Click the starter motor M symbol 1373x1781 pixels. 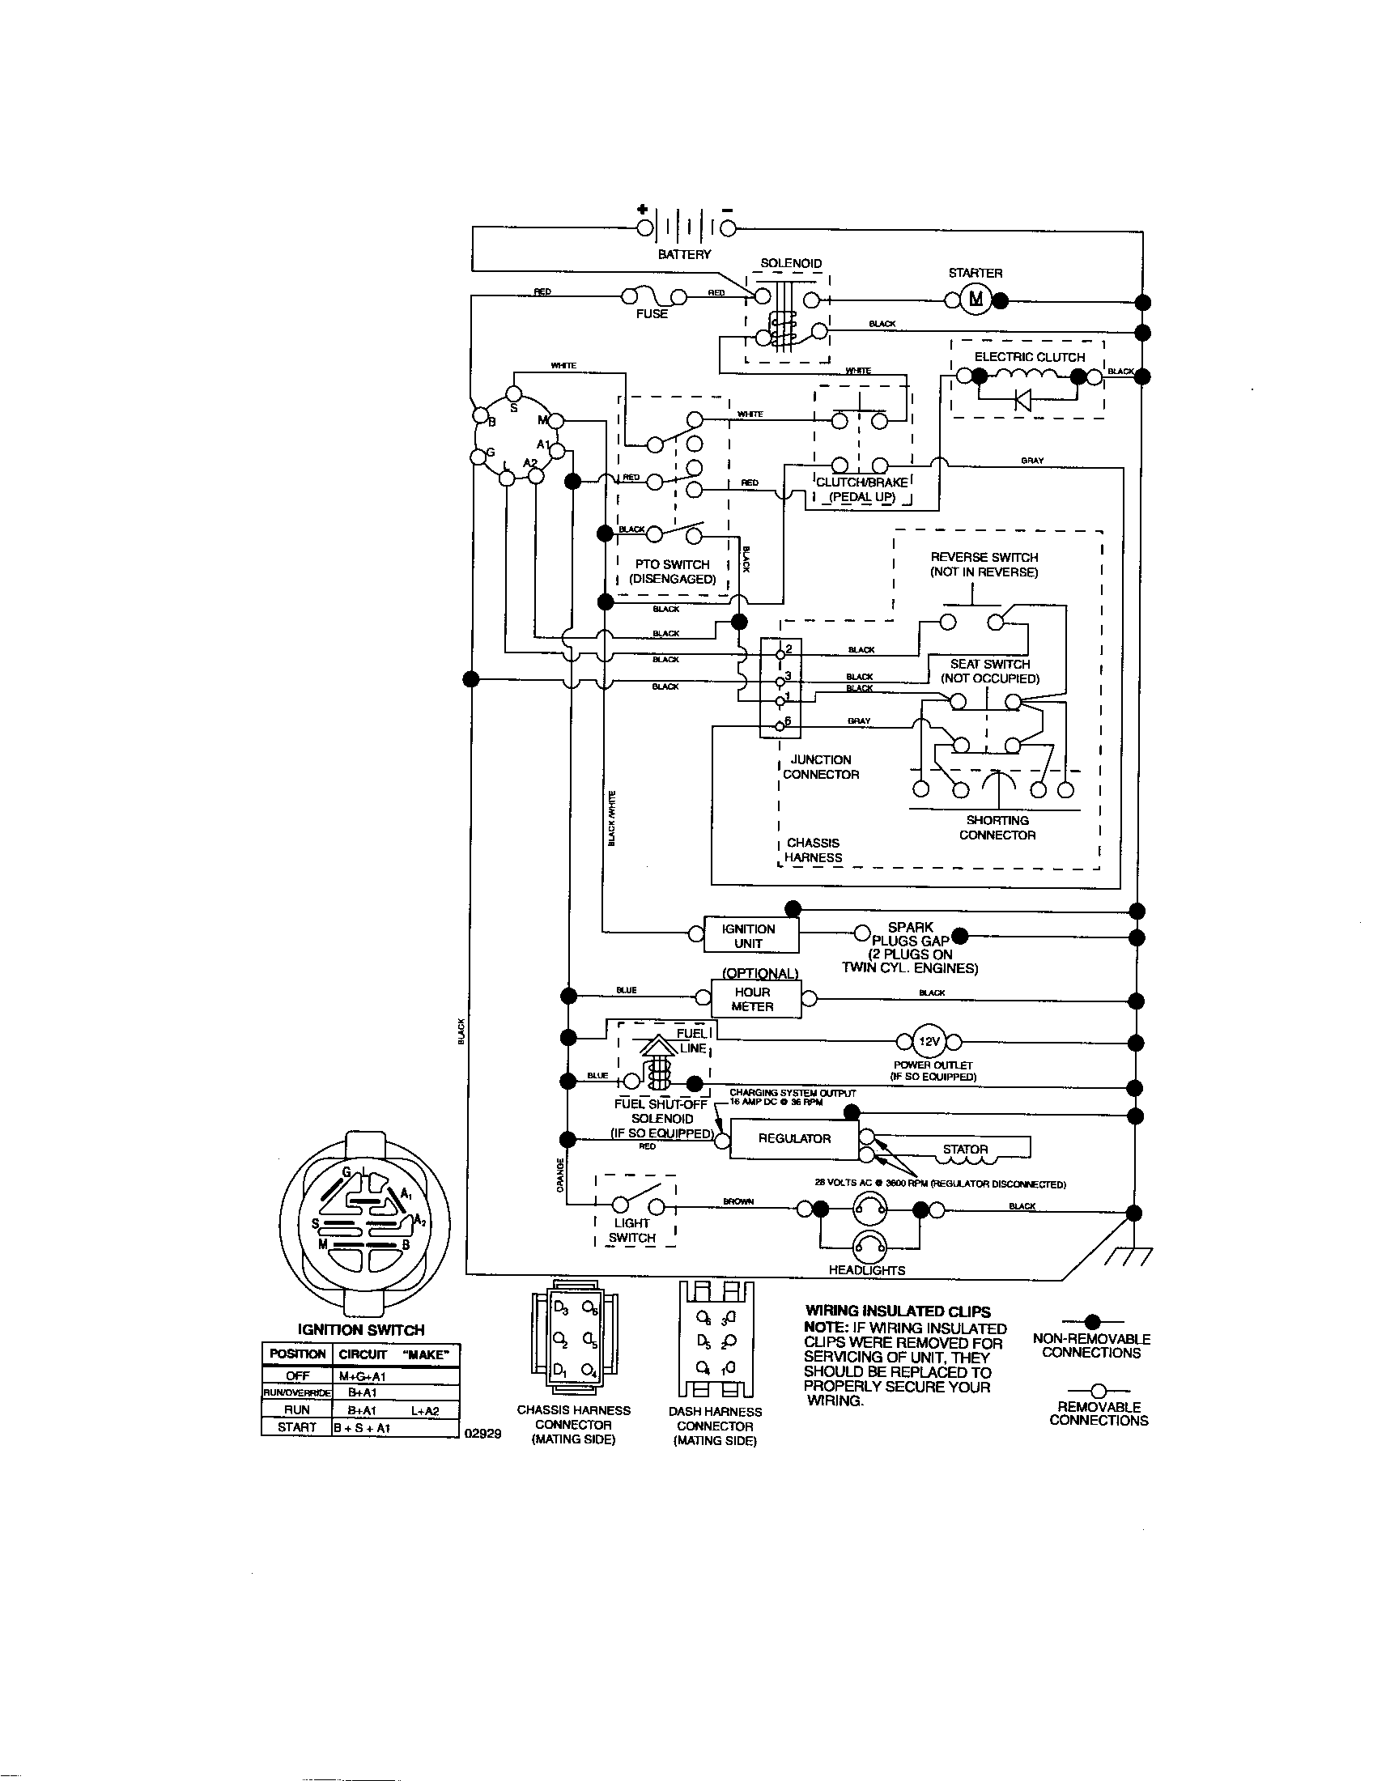click(975, 300)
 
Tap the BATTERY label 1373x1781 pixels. click(684, 254)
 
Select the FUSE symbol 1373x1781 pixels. click(652, 295)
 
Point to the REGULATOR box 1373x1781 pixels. click(794, 1138)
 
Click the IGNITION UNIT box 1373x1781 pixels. click(749, 935)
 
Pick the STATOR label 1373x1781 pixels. click(965, 1149)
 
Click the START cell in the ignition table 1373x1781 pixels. click(297, 1427)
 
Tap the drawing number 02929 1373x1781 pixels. click(482, 1434)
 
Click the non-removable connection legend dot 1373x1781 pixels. click(1094, 1320)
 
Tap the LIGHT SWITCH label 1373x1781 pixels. click(632, 1230)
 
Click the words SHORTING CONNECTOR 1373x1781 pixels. click(997, 827)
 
